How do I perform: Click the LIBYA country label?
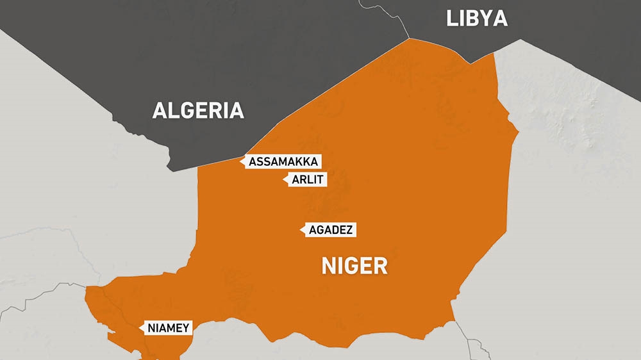point(476,19)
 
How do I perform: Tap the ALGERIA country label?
point(198,111)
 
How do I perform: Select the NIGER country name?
point(354,265)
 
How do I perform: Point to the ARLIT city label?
point(307,180)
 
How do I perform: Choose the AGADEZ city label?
point(331,230)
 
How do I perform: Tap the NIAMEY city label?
point(168,329)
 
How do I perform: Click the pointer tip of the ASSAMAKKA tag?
point(241,161)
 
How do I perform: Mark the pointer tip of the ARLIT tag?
point(283,180)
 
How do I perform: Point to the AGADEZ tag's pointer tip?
point(301,230)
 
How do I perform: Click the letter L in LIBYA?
point(451,19)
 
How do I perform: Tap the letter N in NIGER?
point(328,265)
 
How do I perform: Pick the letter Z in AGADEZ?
point(350,230)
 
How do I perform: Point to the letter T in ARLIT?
point(322,180)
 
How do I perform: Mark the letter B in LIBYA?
point(472,19)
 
